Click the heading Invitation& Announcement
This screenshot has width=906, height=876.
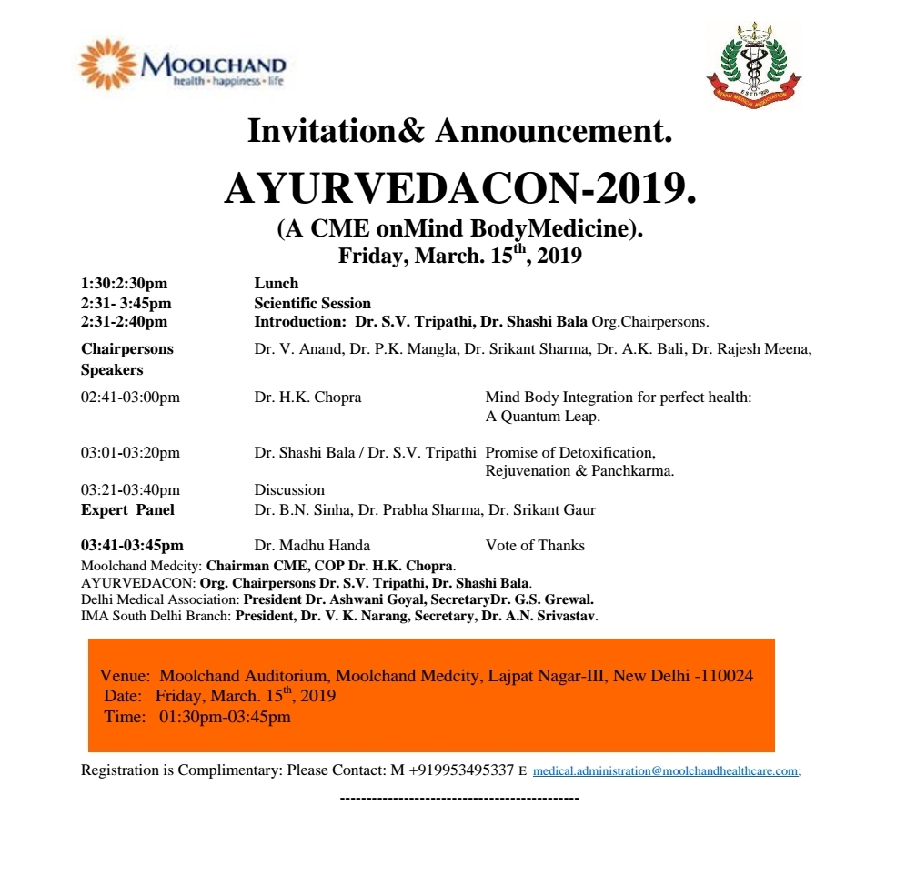point(459,132)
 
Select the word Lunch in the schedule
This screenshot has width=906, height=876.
point(277,284)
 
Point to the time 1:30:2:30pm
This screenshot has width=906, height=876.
point(124,284)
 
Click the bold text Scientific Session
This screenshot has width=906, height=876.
point(312,303)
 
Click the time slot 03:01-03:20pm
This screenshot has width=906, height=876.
point(130,452)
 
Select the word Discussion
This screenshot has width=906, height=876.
point(289,489)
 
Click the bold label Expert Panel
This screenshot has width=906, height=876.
point(127,509)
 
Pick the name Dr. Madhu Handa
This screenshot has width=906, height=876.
point(312,546)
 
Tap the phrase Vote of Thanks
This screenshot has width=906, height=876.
point(535,546)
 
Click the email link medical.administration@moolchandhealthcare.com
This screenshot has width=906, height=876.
point(666,770)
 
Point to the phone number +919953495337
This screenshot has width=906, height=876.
point(461,770)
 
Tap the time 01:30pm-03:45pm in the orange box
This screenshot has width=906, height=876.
point(225,717)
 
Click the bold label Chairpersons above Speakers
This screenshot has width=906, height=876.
point(126,348)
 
